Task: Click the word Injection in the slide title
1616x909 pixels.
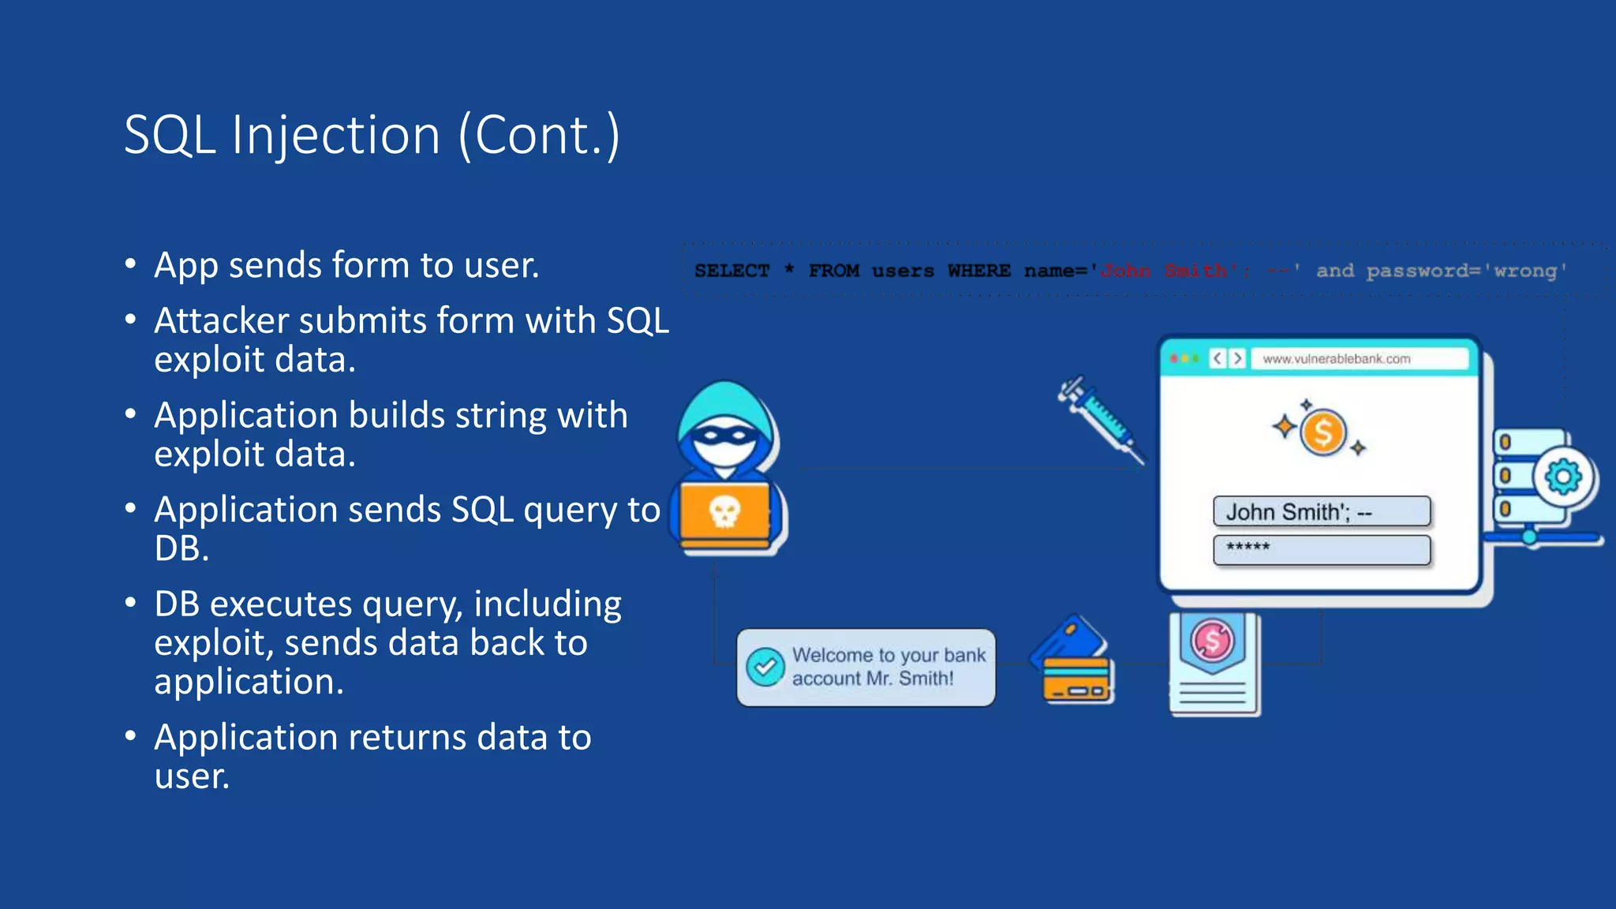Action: (x=335, y=136)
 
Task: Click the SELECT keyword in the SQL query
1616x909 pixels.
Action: (x=731, y=271)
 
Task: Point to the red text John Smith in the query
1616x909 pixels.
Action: (x=1163, y=271)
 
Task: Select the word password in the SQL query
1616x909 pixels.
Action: (x=1417, y=271)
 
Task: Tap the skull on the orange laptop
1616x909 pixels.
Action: (x=724, y=511)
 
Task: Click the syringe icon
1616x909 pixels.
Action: (x=1101, y=418)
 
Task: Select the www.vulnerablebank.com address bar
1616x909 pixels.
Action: (x=1357, y=359)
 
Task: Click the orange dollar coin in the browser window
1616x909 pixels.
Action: (x=1322, y=432)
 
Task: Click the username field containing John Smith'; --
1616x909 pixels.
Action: (x=1321, y=511)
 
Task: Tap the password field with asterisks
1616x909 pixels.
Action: (x=1321, y=549)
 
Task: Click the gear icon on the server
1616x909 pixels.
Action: (x=1563, y=477)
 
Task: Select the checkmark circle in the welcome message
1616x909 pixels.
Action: (x=765, y=667)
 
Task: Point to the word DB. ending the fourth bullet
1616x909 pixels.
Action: (x=181, y=549)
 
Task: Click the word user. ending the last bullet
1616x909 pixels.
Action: (x=192, y=776)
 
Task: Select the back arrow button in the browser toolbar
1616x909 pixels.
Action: (x=1218, y=359)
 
